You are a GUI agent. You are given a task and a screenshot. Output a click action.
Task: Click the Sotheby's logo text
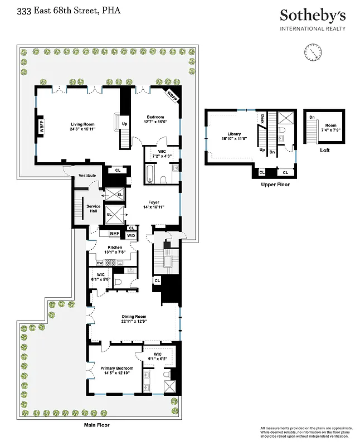coord(313,16)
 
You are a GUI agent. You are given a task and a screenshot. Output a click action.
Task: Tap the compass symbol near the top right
coord(314,52)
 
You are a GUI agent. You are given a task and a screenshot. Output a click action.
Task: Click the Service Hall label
coord(93,208)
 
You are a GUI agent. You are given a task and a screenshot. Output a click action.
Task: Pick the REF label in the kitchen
coord(114,234)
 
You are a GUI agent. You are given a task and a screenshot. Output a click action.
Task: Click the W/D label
coord(131,235)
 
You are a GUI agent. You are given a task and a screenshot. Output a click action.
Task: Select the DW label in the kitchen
coord(99,263)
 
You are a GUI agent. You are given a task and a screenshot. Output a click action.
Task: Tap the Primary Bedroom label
coord(117,368)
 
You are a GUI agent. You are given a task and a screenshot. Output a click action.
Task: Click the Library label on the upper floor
coord(230,134)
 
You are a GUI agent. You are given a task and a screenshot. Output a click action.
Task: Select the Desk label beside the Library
coord(262,118)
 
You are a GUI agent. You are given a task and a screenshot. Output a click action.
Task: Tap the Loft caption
coord(324,150)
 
